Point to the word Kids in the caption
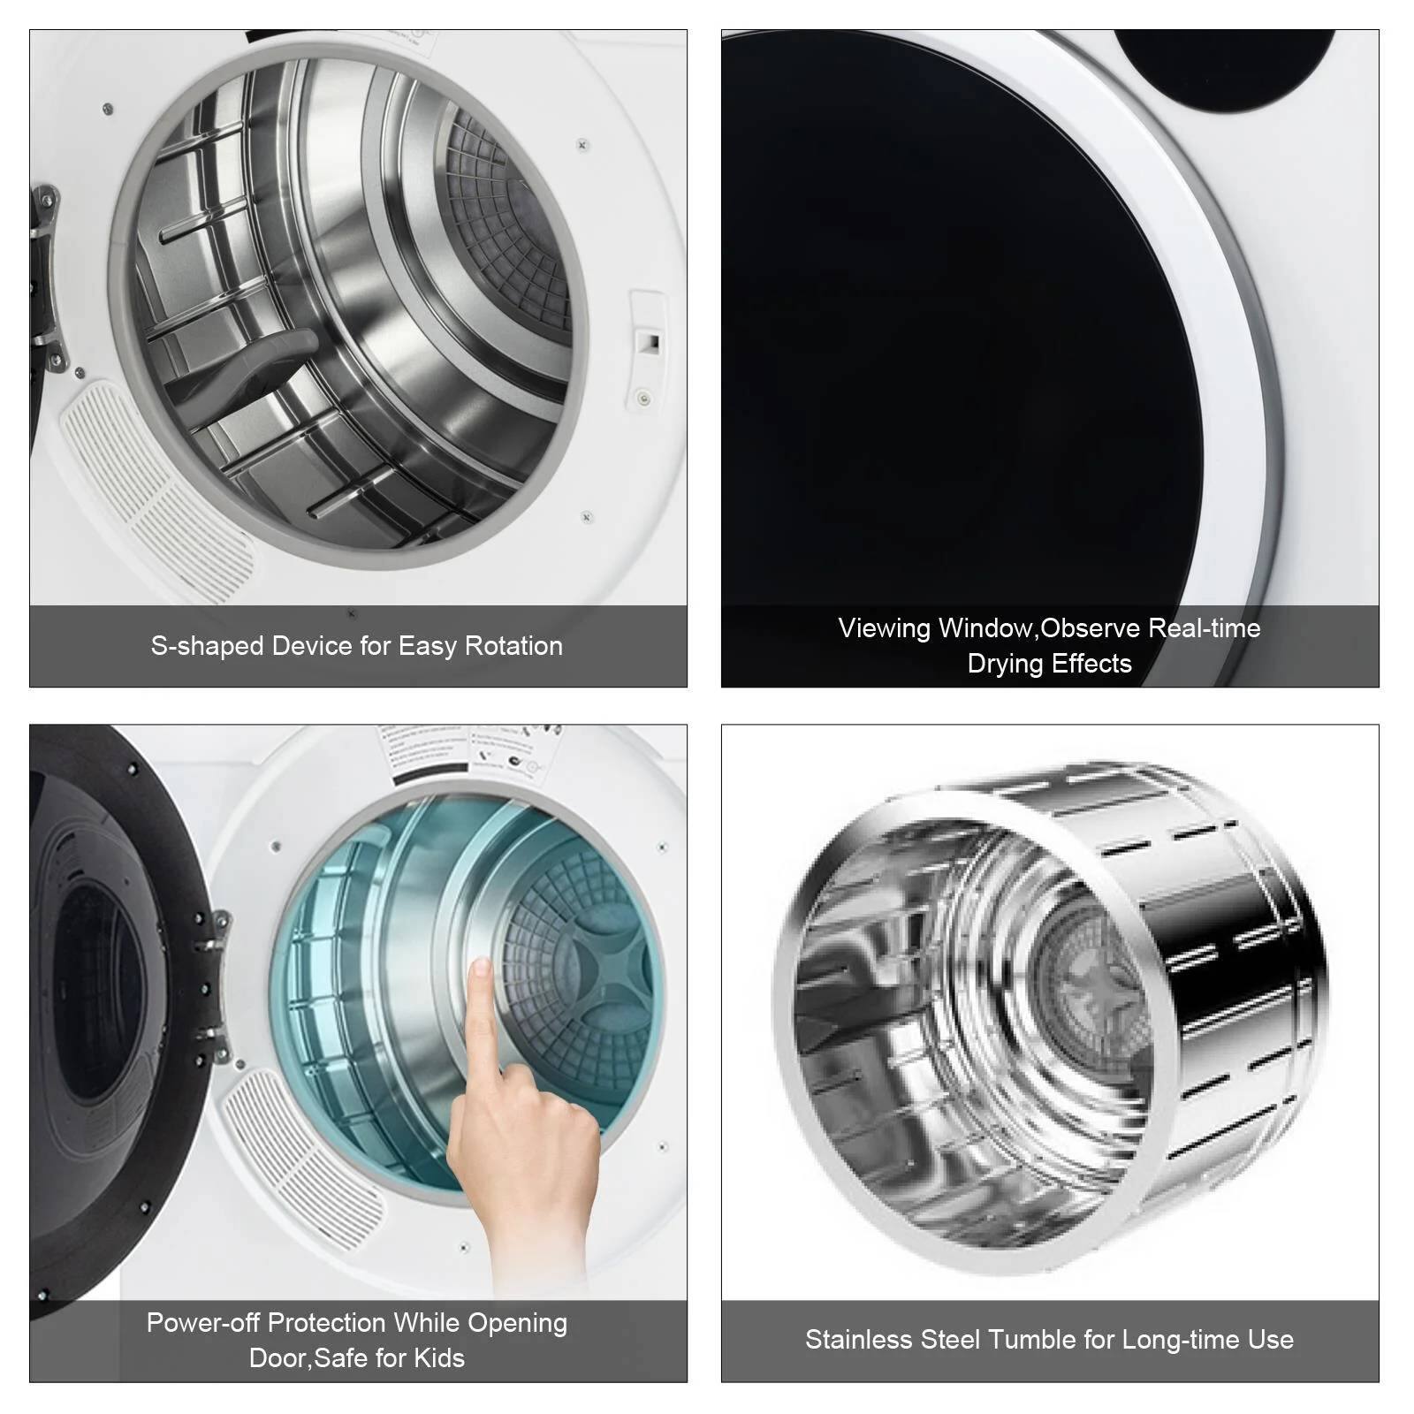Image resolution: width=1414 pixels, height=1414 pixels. click(438, 1357)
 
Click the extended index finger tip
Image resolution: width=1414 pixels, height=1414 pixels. click(481, 969)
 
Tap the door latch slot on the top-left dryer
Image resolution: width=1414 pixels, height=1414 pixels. click(650, 342)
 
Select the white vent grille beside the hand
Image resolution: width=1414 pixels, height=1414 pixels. click(300, 1158)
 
